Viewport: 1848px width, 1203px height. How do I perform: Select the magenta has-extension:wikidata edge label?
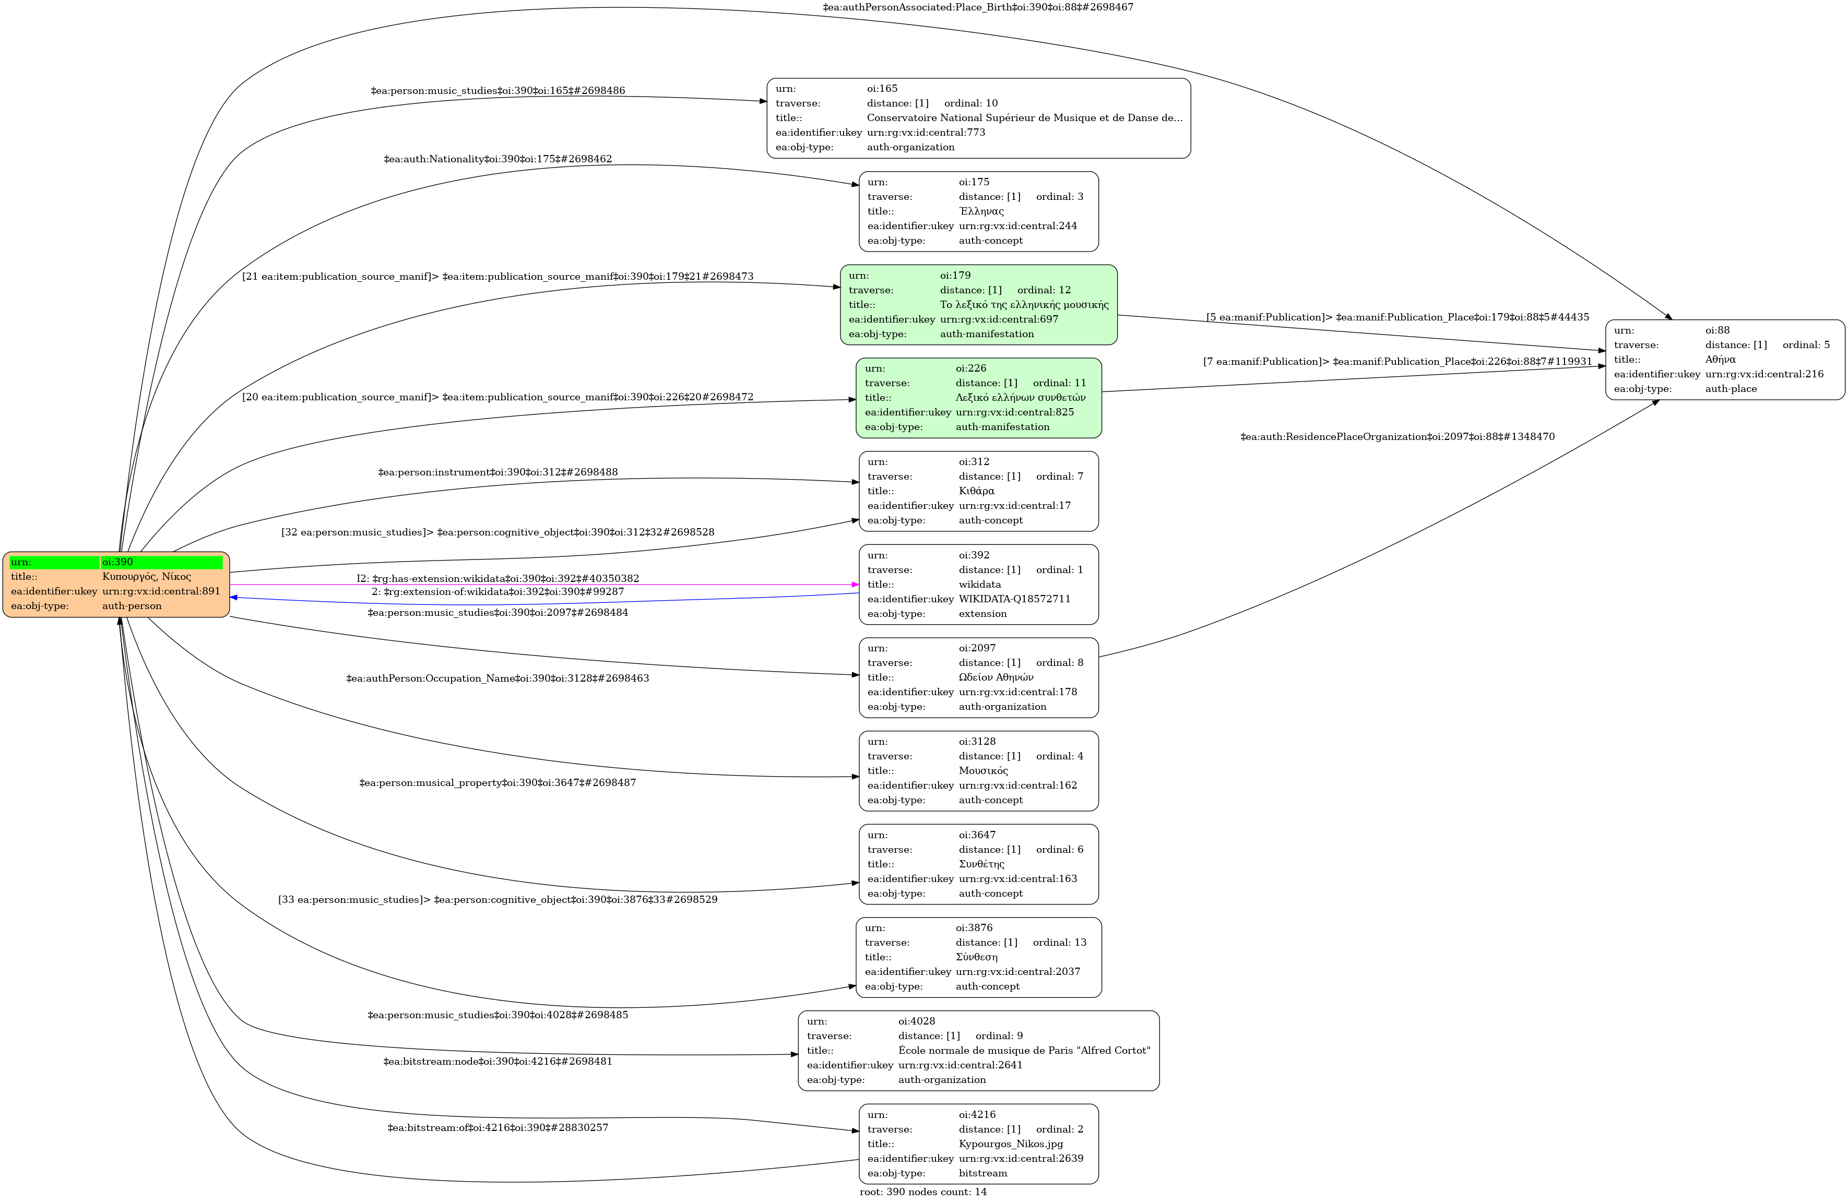[497, 578]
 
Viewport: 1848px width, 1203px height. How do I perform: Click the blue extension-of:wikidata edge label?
[497, 591]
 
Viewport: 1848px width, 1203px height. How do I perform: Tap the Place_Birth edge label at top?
[978, 7]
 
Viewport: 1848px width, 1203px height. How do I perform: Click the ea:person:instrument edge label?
[497, 472]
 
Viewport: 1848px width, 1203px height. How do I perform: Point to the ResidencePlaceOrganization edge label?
[1397, 437]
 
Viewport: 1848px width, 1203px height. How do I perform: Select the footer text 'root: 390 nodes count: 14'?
[922, 1192]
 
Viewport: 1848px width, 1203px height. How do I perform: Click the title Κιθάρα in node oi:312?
[976, 491]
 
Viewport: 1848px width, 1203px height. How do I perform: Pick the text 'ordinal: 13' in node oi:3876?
[1059, 942]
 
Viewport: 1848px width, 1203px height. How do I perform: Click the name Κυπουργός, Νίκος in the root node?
[146, 577]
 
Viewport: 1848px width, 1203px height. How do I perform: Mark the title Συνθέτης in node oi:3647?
[981, 864]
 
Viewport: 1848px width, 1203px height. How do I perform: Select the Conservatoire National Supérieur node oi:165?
[978, 118]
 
